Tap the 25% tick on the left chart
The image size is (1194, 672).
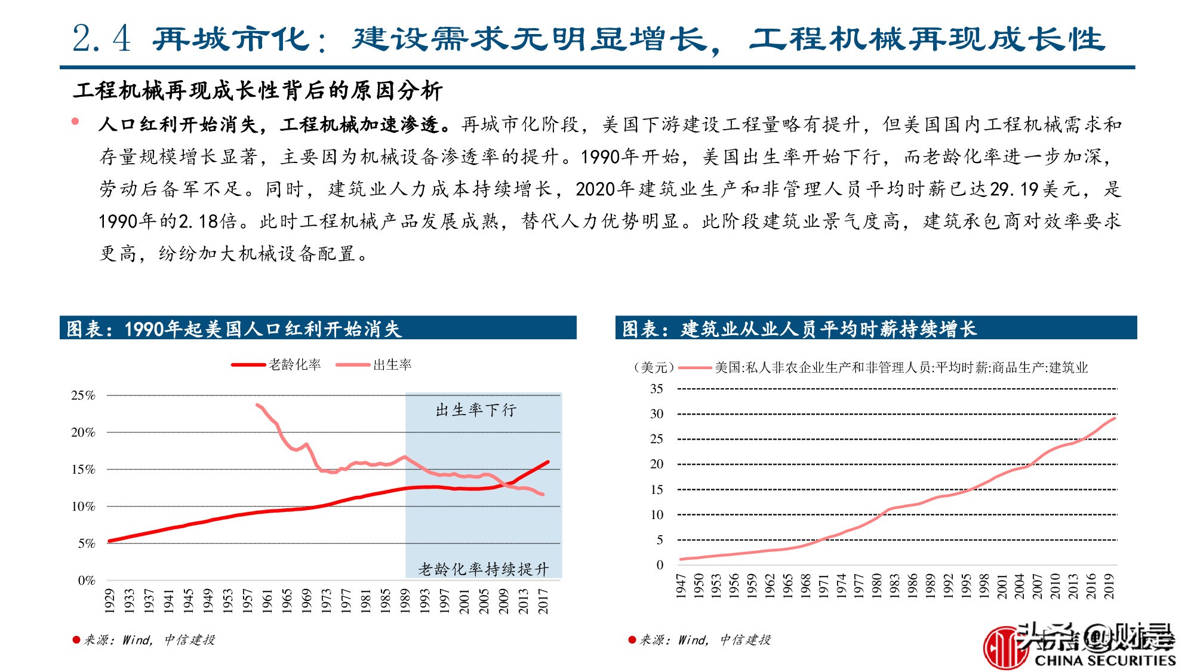84,395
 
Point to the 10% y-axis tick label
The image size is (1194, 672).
84,507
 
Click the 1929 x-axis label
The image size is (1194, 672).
110,600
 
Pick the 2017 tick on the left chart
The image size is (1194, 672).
543,600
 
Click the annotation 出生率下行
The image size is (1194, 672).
476,410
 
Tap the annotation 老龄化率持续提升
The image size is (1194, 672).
483,569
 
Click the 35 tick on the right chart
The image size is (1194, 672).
656,389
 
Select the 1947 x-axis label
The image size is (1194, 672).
681,585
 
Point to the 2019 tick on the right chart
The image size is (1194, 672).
1109,585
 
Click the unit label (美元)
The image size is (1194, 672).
654,367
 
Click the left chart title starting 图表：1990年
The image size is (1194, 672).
233,329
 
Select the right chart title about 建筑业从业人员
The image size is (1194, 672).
799,329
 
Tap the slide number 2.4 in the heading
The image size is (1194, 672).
101,39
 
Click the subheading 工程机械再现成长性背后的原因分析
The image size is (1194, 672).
258,91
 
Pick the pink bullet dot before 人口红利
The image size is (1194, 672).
75,121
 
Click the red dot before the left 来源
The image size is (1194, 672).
76,640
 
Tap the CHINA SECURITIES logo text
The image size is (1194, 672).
1104,660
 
